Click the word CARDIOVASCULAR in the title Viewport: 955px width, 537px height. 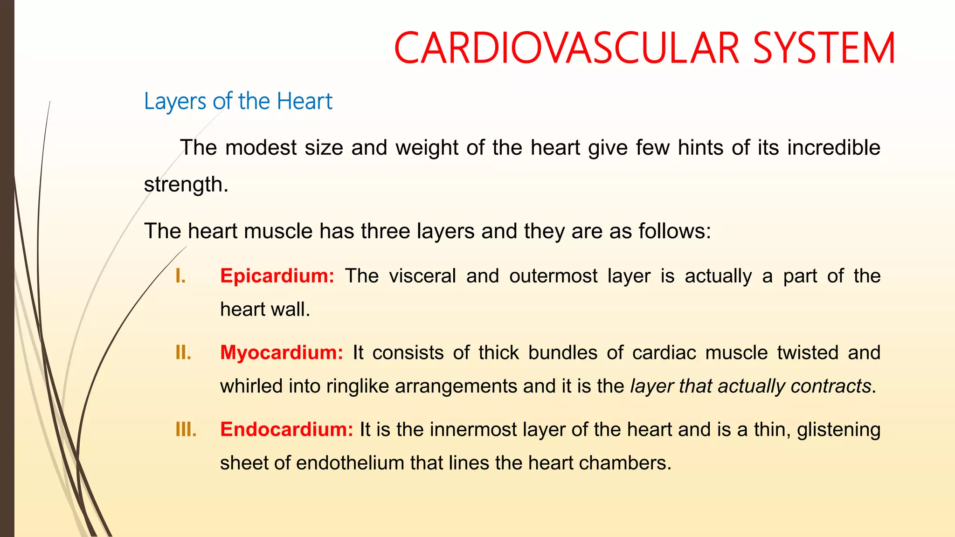(567, 48)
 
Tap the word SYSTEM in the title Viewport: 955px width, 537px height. (824, 48)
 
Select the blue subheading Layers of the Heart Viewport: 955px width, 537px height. (238, 101)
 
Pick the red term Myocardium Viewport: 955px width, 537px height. (281, 352)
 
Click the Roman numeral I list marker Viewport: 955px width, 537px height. (180, 276)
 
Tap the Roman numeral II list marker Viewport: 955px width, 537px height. (183, 353)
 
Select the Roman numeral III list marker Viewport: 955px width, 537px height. (186, 430)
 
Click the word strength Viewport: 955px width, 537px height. (186, 185)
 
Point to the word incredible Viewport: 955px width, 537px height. (833, 147)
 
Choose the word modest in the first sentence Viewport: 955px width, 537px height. (261, 147)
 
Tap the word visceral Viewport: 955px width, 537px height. (422, 276)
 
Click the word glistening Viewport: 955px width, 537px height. (838, 430)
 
